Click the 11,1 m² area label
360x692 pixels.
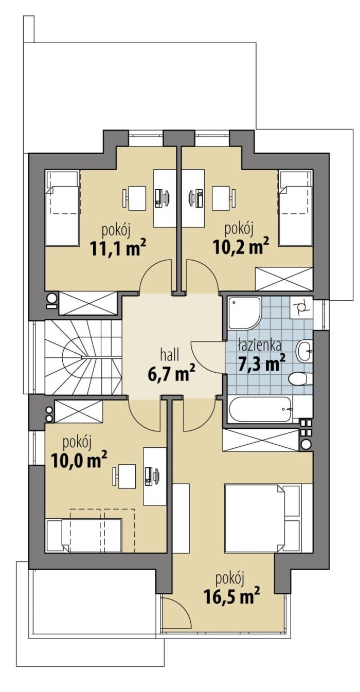click(118, 248)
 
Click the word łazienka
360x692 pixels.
click(260, 345)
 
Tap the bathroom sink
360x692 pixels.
click(305, 351)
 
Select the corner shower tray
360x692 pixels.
click(244, 314)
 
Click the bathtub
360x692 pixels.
click(260, 409)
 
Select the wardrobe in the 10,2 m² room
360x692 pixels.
click(284, 279)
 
